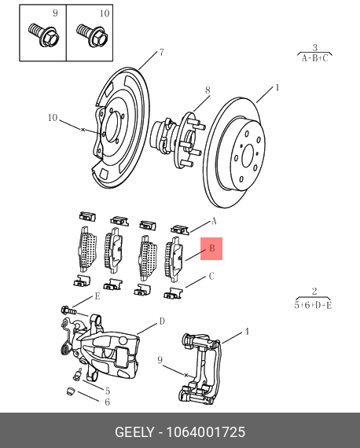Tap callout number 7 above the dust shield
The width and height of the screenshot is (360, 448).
point(161,53)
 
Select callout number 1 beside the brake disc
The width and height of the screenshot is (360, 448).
point(277,88)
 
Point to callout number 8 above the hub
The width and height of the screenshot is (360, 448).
point(208,90)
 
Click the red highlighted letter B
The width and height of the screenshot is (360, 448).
point(211,249)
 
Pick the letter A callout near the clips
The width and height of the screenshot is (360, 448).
point(212,222)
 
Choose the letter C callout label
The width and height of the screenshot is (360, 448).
point(211,277)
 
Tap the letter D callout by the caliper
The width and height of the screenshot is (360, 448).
point(162,321)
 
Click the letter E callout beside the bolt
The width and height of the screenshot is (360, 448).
point(97,296)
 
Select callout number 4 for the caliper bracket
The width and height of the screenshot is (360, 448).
point(246,332)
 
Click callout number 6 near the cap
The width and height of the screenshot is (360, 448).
point(108,402)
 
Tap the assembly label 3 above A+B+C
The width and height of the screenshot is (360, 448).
point(314,48)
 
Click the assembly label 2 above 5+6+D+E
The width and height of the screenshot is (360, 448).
point(314,291)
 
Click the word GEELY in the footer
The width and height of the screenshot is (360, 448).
point(137,432)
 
